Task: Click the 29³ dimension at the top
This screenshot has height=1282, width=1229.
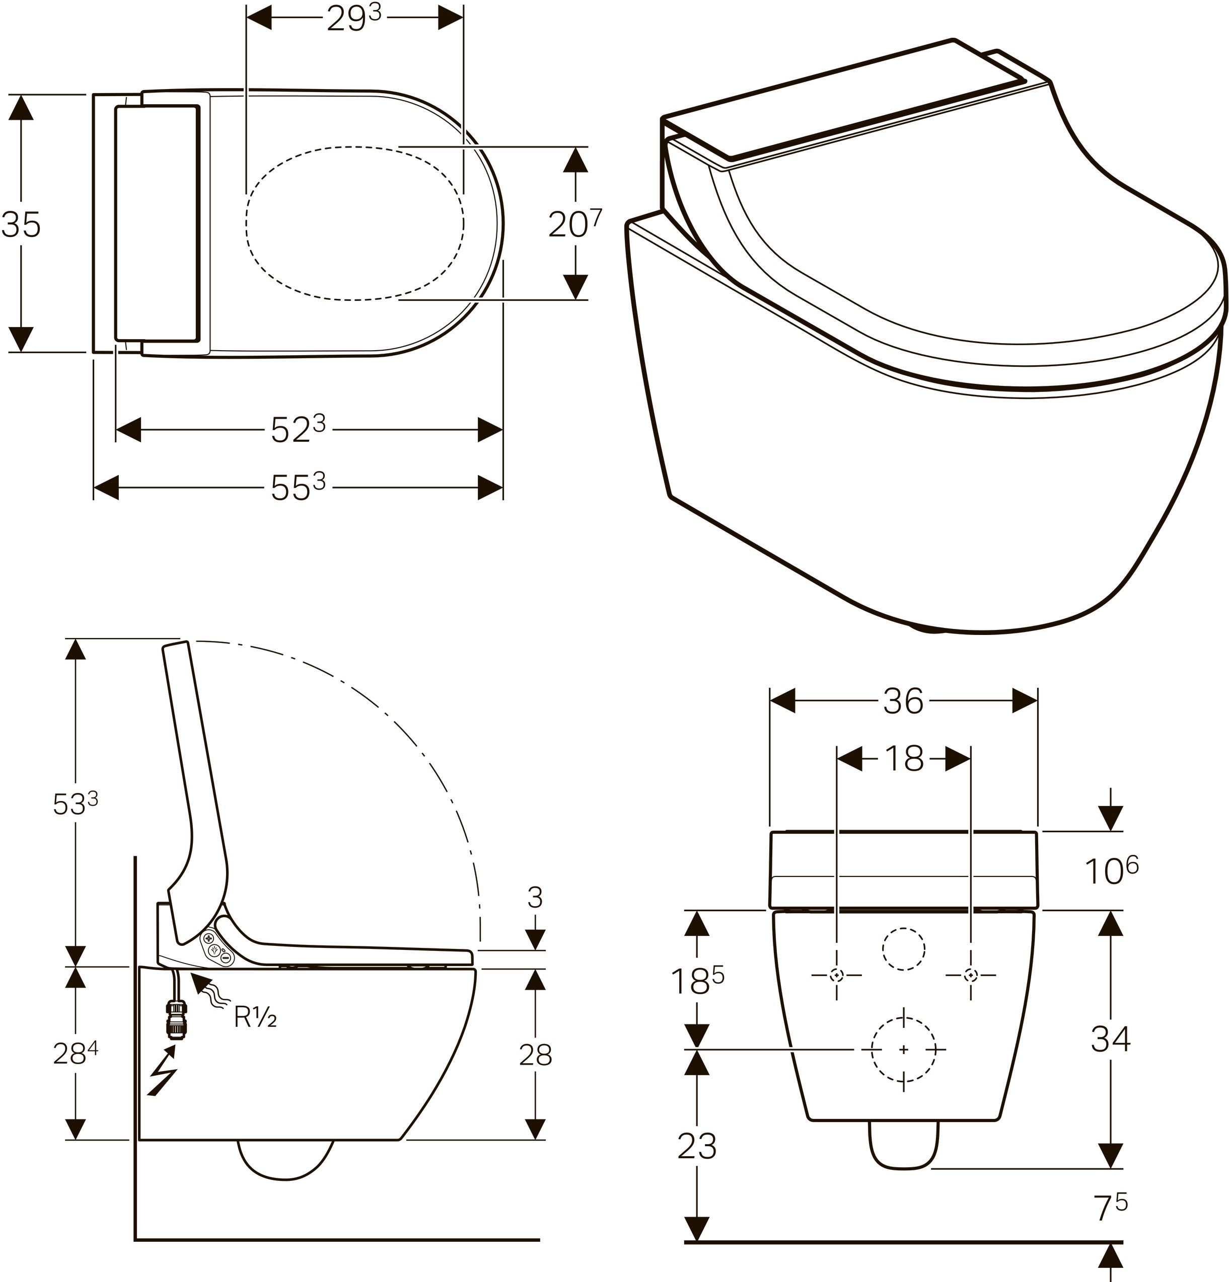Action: tap(353, 20)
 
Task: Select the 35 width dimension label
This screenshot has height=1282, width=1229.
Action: tap(21, 224)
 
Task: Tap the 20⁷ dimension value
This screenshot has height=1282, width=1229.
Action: tap(574, 224)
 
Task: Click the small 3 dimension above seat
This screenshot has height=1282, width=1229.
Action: tap(535, 898)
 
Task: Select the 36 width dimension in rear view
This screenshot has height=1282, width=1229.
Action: tap(903, 701)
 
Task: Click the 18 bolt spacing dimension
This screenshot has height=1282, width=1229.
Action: tap(904, 759)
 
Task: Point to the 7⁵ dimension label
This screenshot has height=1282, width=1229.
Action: tap(1111, 1208)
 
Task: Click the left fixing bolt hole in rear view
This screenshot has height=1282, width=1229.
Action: tap(837, 975)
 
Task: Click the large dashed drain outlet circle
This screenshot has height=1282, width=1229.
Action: tap(904, 1049)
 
